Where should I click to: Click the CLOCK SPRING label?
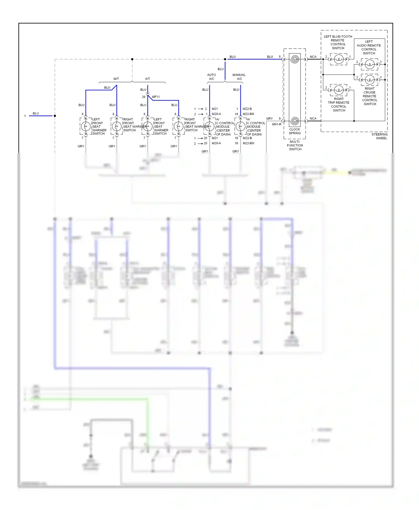(x=295, y=131)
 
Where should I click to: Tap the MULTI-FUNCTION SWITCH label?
(x=295, y=145)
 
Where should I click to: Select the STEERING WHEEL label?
(x=379, y=136)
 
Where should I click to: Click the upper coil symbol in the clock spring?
(x=295, y=59)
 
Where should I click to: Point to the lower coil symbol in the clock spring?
(x=295, y=121)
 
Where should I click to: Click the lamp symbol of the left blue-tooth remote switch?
(x=339, y=59)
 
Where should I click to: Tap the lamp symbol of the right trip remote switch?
(x=339, y=90)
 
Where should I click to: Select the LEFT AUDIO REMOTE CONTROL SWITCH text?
(x=369, y=47)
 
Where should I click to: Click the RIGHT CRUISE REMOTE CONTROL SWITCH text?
(x=370, y=96)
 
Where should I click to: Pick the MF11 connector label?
(x=156, y=97)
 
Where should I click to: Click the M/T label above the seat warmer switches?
(x=116, y=79)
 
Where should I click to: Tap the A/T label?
(x=147, y=79)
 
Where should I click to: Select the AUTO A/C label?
(x=211, y=77)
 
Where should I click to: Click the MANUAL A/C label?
(x=239, y=77)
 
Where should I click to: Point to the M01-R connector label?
(x=277, y=124)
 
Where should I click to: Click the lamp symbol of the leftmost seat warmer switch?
(x=86, y=126)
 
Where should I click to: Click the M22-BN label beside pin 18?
(x=248, y=114)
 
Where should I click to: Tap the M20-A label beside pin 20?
(x=216, y=143)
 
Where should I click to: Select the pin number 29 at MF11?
(x=144, y=97)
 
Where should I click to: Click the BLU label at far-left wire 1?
(x=36, y=113)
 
